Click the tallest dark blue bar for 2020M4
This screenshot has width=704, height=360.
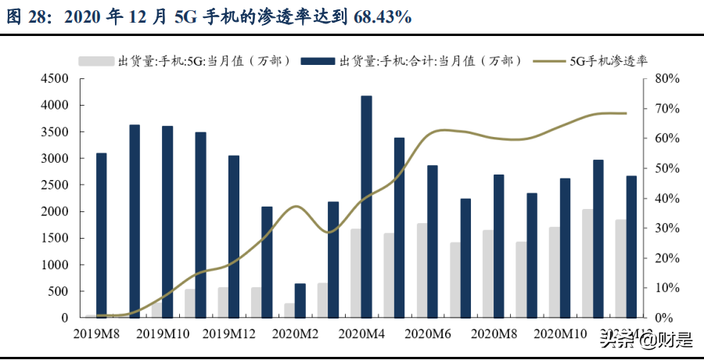[366, 207]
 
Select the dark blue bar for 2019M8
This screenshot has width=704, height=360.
[102, 235]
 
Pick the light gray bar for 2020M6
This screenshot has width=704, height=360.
[422, 271]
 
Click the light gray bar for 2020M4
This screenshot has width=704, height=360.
[356, 273]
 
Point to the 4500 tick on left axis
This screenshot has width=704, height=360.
[56, 78]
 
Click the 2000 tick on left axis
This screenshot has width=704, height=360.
[56, 211]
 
